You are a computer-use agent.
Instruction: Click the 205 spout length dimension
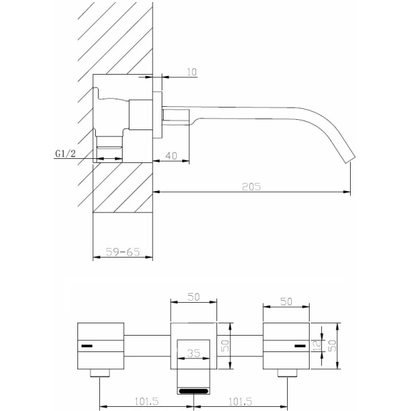pos(252,186)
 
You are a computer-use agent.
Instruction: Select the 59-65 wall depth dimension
pos(123,252)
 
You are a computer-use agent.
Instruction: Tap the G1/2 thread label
pos(65,154)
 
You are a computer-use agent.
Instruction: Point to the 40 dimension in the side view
pos(172,155)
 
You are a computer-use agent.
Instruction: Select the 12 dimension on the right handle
pos(316,346)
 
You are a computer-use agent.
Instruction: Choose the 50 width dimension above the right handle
pos(286,300)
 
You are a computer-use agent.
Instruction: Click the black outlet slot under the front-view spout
pos(193,391)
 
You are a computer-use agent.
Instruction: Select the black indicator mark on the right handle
pos(299,346)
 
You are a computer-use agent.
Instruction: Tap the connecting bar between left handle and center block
pos(147,346)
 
